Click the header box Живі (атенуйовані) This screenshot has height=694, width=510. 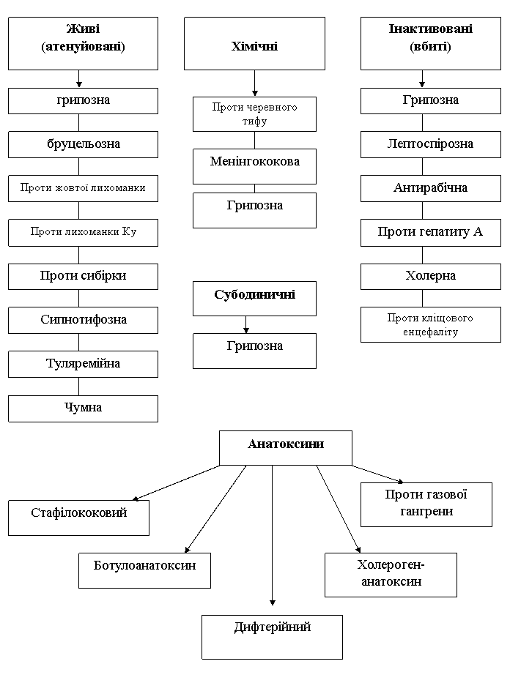(x=83, y=43)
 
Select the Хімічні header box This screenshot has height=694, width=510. (x=254, y=43)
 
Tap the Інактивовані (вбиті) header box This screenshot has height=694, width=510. (x=431, y=43)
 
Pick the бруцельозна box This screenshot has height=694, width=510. (x=83, y=144)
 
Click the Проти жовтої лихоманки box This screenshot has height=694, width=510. (x=83, y=189)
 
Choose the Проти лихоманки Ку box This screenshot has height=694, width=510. (x=83, y=232)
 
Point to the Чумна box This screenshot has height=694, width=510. (x=83, y=408)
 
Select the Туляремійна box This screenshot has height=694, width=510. (x=83, y=365)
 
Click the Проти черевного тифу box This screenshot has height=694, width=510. (x=254, y=114)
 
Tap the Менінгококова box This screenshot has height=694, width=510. (x=254, y=166)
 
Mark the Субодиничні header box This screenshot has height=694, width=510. (x=254, y=298)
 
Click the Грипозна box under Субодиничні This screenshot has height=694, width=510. (x=254, y=351)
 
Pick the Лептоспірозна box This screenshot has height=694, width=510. (x=431, y=144)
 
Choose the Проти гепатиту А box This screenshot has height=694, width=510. (x=431, y=232)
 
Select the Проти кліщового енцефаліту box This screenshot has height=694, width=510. (x=431, y=324)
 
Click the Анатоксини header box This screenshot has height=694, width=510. (x=286, y=448)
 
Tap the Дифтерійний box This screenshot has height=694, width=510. (x=272, y=637)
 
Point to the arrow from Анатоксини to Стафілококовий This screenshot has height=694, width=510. (x=177, y=483)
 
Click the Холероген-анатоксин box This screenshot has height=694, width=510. (x=391, y=575)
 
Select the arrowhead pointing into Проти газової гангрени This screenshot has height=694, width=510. (x=401, y=481)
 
